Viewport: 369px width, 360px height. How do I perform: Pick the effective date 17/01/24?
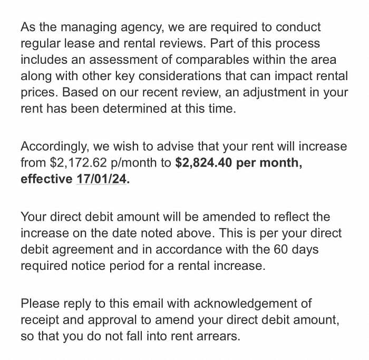(x=102, y=179)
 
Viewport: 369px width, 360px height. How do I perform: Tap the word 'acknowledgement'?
(x=252, y=304)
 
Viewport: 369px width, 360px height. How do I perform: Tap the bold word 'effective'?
(x=46, y=179)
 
